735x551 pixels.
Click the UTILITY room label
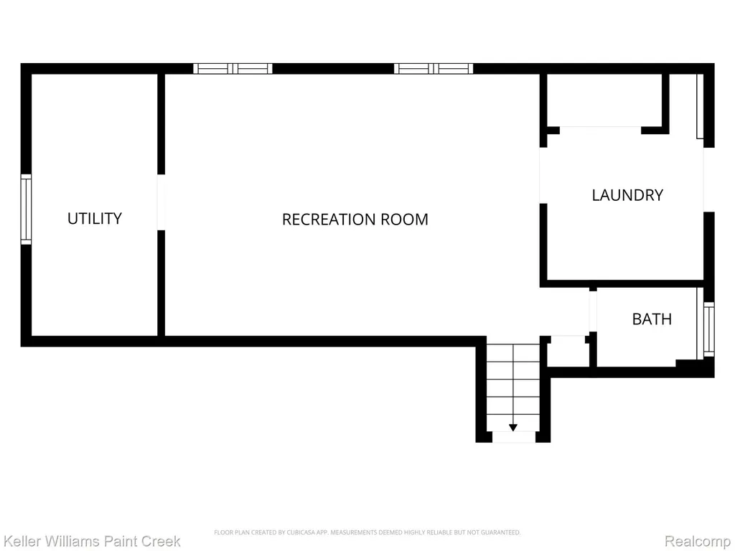pos(95,218)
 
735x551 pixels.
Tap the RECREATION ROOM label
pos(355,220)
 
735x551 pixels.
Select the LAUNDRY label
pos(627,195)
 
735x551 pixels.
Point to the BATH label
pos(652,319)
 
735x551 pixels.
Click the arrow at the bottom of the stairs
pos(512,428)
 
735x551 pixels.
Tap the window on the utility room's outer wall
pos(27,209)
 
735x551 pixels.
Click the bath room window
pos(708,329)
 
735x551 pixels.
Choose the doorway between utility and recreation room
pos(161,202)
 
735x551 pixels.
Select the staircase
pos(512,387)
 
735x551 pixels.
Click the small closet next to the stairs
pos(568,351)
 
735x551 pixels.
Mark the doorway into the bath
pos(593,311)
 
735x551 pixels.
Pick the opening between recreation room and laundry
pos(543,175)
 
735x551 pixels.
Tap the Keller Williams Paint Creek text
pos(92,541)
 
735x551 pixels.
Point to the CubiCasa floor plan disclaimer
pos(367,532)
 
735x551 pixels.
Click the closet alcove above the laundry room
pos(604,100)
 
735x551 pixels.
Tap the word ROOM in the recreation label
pos(404,220)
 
